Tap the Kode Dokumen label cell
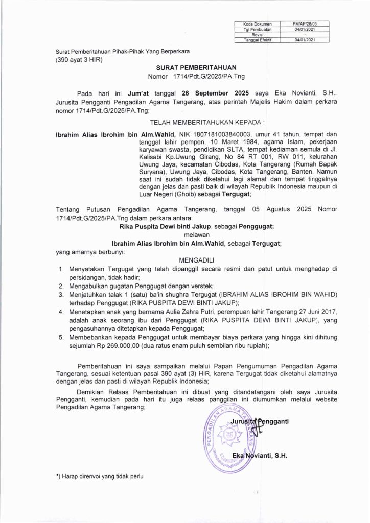pos(258,23)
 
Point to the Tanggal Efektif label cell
pos(258,39)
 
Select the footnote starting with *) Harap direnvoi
pos(100,476)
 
